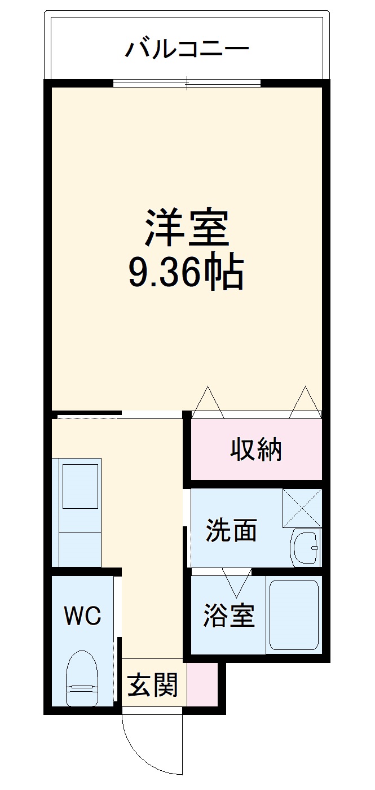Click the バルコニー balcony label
[x=187, y=50]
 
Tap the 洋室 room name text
[x=187, y=228]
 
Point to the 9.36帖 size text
[x=187, y=273]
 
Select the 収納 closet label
[x=256, y=450]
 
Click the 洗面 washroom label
[x=231, y=530]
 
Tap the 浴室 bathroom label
[x=229, y=615]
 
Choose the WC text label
[x=82, y=616]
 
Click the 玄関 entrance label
[x=153, y=685]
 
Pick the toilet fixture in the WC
[x=82, y=678]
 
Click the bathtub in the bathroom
[x=294, y=614]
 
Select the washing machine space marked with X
[x=302, y=508]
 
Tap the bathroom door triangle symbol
[x=237, y=582]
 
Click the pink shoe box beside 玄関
[x=201, y=684]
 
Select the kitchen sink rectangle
[x=80, y=486]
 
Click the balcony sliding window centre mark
[x=187, y=84]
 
